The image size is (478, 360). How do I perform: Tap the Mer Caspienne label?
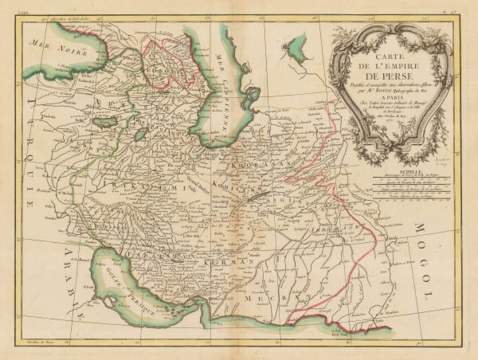coord(225,84)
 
